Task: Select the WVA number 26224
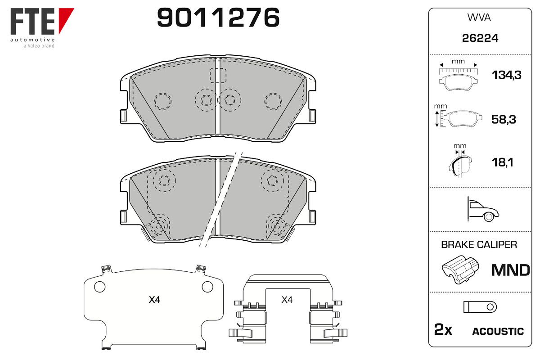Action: pyautogui.click(x=480, y=38)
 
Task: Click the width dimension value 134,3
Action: pyautogui.click(x=506, y=75)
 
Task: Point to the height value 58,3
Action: pyautogui.click(x=504, y=119)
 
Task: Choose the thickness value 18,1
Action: pyautogui.click(x=502, y=162)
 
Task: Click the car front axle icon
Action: pyautogui.click(x=483, y=209)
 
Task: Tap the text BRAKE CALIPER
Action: pyautogui.click(x=479, y=245)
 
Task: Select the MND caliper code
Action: pyautogui.click(x=511, y=270)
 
